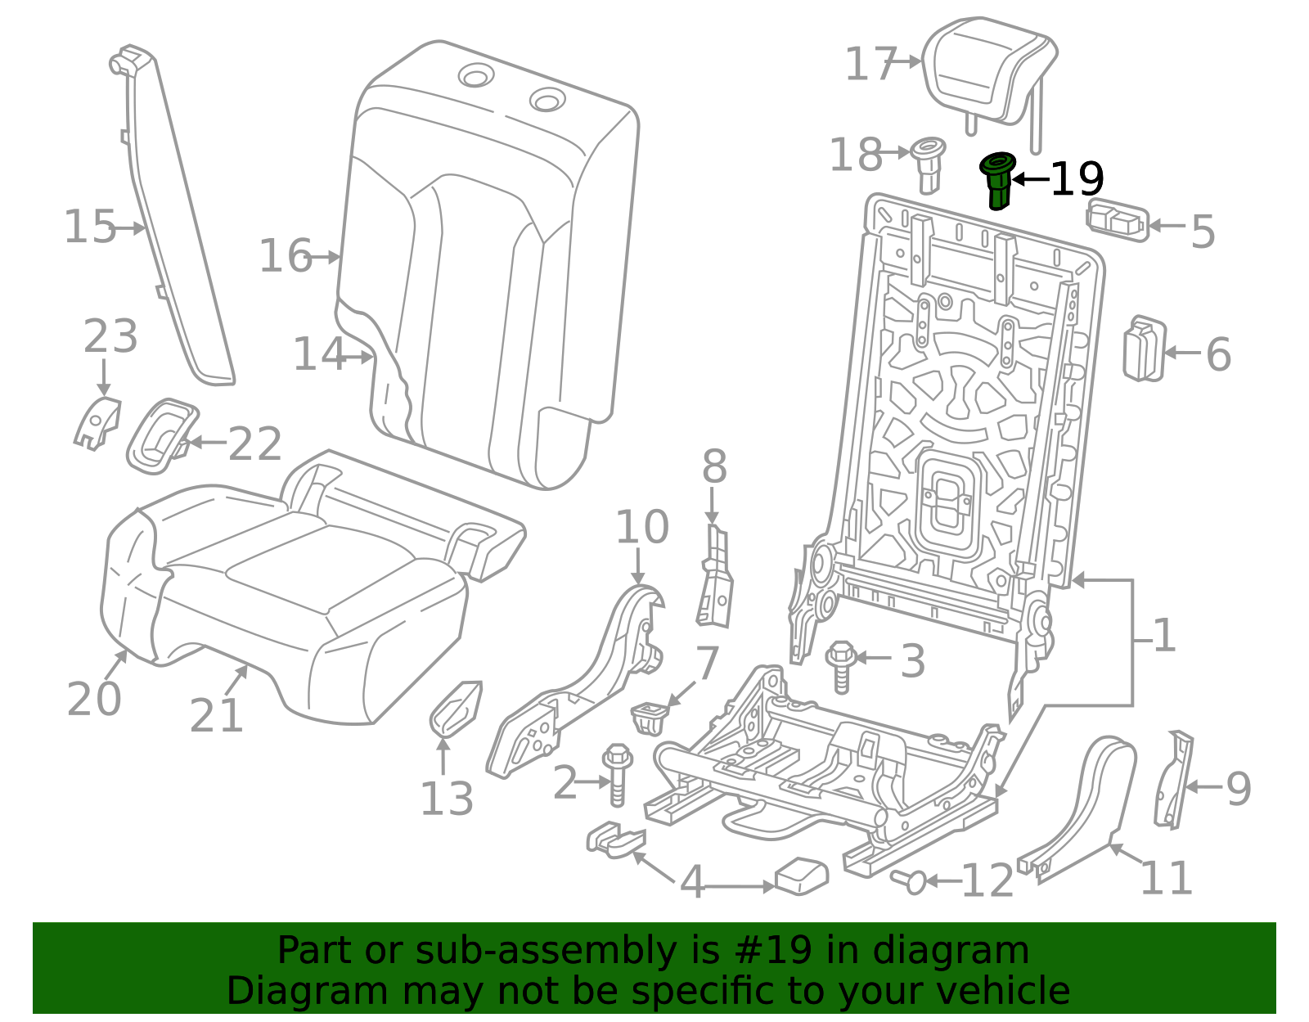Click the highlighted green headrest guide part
998,181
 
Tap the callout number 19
1077,179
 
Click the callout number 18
856,155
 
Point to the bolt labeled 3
841,664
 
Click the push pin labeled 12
910,881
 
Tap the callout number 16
286,256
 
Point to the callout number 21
216,716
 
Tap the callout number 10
641,527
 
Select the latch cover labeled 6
1144,349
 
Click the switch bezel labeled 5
1117,219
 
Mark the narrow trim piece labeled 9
1174,778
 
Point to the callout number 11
1166,878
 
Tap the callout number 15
90,227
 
